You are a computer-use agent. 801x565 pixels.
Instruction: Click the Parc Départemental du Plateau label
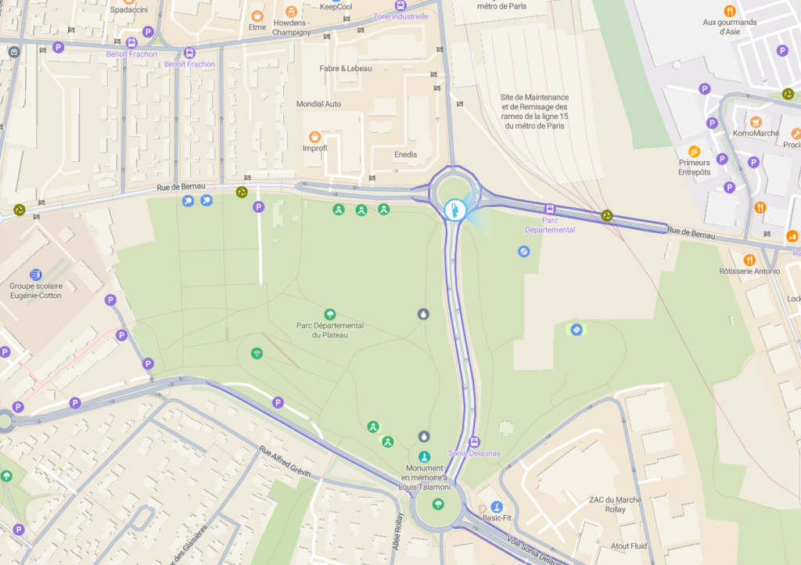tap(329, 330)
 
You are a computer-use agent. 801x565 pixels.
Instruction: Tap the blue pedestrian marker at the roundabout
tap(454, 209)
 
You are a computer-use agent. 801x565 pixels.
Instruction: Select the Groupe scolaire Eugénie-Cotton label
tap(35, 290)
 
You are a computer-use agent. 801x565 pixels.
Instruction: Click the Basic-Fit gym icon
tap(496, 506)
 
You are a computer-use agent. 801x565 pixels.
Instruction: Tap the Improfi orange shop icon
tap(314, 137)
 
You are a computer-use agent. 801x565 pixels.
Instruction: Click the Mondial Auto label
tap(318, 104)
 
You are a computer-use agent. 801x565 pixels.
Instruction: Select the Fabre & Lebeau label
tap(346, 69)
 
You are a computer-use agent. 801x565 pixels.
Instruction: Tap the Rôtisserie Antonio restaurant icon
tap(749, 260)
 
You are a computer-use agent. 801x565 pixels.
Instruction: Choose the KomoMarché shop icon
tap(756, 122)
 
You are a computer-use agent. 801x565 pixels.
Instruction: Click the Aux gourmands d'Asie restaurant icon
tap(730, 11)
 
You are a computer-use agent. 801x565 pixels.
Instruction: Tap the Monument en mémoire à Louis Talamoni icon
tap(424, 456)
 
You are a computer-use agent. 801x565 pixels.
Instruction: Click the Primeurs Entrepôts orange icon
tap(694, 151)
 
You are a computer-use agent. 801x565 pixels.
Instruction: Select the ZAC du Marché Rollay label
tap(616, 505)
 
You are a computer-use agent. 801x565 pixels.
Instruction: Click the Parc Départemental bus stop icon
tap(550, 210)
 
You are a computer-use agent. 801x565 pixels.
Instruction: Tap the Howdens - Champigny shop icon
tap(292, 12)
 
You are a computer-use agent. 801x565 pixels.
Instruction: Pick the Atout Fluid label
tap(630, 546)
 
